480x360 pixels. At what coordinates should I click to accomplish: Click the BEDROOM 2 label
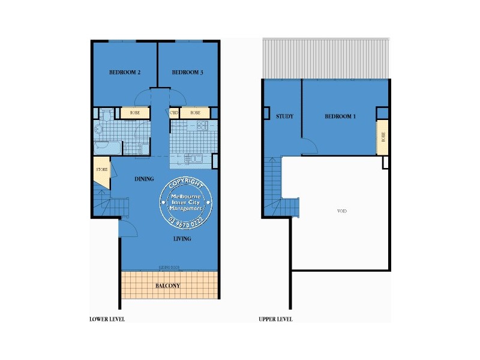point(125,73)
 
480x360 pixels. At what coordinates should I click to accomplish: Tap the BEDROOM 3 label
point(187,73)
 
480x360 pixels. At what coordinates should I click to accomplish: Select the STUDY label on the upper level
point(284,116)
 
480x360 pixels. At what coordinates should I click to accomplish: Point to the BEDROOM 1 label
point(340,116)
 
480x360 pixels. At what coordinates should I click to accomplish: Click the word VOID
point(343,212)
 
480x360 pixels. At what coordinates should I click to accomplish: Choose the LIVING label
point(182,239)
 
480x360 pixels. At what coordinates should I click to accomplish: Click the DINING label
point(144,179)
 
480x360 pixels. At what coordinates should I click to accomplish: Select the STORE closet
point(101,170)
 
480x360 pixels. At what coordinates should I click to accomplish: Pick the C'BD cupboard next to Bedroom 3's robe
point(175,113)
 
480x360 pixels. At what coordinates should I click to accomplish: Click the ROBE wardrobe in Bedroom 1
point(382,137)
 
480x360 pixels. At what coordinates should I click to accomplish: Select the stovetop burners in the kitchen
point(202,126)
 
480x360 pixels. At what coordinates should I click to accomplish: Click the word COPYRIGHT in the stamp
point(187,184)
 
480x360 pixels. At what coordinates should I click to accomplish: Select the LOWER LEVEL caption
point(107,319)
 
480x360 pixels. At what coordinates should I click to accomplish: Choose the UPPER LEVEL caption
point(275,319)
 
